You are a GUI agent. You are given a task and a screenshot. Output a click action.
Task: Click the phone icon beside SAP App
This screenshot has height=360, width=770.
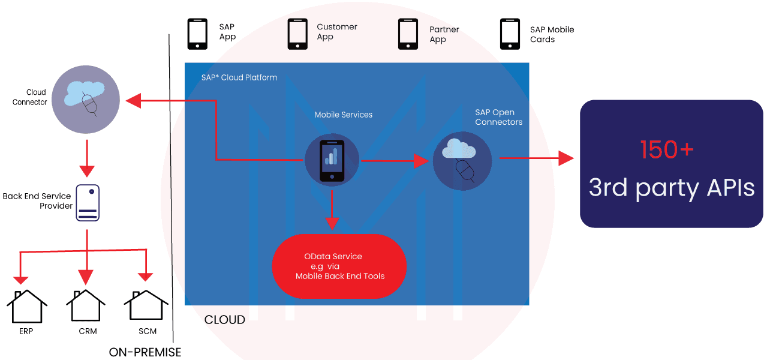tap(197, 34)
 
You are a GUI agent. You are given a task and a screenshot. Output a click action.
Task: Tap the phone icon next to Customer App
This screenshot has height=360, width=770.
tap(297, 34)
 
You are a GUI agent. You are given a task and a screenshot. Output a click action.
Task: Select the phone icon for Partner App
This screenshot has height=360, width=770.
tap(408, 34)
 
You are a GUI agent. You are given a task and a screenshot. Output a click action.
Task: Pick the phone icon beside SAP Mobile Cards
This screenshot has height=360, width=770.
tap(510, 34)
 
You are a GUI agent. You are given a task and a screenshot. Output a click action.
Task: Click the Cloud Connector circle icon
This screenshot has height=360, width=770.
tap(86, 100)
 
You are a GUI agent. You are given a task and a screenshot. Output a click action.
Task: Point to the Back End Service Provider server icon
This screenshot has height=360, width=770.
tap(88, 203)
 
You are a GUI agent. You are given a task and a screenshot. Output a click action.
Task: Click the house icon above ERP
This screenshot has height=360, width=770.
tap(27, 306)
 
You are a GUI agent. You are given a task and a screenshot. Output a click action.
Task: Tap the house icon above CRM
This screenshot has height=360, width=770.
tap(86, 305)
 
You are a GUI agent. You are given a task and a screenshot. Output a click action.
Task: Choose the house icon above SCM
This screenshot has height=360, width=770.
tap(146, 305)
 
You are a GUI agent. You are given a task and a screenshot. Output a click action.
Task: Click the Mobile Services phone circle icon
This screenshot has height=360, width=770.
tap(332, 160)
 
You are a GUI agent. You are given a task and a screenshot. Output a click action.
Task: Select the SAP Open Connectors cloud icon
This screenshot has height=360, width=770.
tap(462, 161)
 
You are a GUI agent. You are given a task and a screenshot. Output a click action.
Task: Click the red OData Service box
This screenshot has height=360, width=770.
tap(339, 266)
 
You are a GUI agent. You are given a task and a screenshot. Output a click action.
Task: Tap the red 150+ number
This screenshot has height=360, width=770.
tap(667, 150)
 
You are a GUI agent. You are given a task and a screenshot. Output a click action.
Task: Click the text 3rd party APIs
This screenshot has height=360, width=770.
tap(671, 188)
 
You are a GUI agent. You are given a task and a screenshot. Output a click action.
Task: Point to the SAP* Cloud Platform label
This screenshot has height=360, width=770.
tap(239, 78)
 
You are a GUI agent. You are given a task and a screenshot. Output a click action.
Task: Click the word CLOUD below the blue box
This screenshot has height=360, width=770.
tap(224, 320)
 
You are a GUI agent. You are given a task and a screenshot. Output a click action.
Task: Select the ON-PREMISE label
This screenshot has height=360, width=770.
tap(145, 352)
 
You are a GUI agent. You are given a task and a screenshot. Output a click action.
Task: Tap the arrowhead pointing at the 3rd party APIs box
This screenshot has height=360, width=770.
tap(566, 158)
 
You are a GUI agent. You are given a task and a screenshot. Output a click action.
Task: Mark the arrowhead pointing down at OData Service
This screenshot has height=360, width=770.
tap(332, 223)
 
